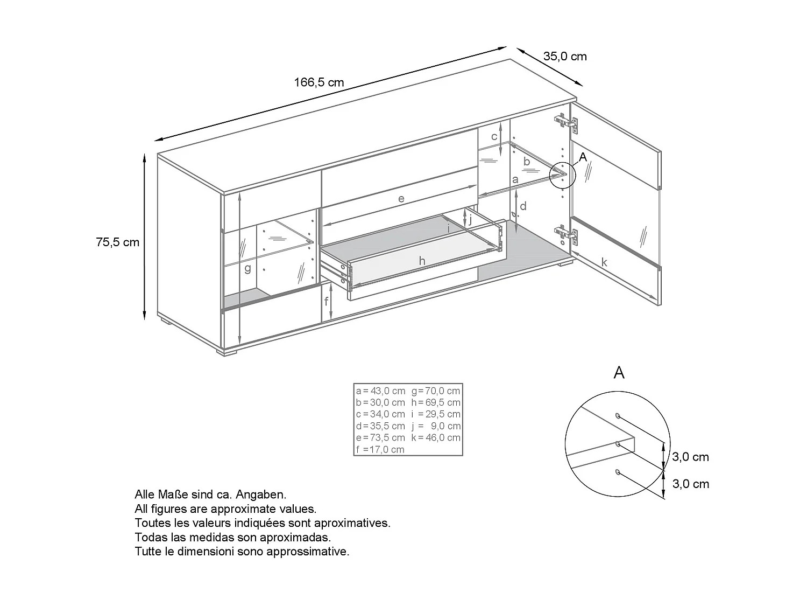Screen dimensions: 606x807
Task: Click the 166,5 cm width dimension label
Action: [x=318, y=82]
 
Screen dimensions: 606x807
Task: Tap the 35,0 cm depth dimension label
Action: [x=565, y=57]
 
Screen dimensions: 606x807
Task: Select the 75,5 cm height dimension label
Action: [x=117, y=242]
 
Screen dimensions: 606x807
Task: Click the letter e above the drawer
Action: [x=401, y=199]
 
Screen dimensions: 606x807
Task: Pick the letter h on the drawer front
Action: [x=422, y=261]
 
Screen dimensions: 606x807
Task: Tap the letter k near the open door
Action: [x=604, y=262]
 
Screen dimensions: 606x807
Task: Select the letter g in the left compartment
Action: [x=247, y=268]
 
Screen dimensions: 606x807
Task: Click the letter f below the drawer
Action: [x=326, y=302]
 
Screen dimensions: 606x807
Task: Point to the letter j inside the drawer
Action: [x=470, y=219]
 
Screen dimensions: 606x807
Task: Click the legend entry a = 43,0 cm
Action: [x=380, y=391]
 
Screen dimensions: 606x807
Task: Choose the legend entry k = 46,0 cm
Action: [x=436, y=438]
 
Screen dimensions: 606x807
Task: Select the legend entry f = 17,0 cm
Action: [x=380, y=450]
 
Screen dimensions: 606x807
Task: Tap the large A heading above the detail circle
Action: [x=619, y=372]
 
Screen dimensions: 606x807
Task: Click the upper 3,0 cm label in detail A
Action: [x=690, y=457]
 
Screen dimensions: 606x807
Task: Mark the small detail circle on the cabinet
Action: [x=562, y=175]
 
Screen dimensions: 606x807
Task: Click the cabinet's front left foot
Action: [x=228, y=352]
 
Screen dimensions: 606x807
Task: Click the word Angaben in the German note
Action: [x=265, y=494]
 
